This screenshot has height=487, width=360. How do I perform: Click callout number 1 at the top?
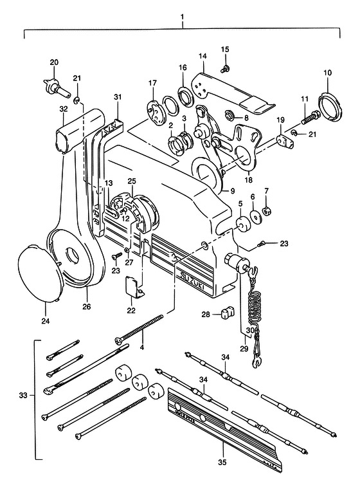click(x=182, y=15)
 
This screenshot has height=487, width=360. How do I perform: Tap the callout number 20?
click(x=54, y=62)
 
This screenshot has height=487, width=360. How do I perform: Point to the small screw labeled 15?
click(x=225, y=69)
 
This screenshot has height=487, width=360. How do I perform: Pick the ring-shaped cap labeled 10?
click(x=330, y=105)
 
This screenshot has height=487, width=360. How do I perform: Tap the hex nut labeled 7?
click(x=266, y=211)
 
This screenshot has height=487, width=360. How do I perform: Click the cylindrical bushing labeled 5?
click(x=242, y=224)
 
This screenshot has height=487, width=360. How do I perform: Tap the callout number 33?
click(x=23, y=396)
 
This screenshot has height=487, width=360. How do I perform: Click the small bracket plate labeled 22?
click(x=135, y=287)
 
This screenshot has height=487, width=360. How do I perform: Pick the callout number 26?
click(x=87, y=307)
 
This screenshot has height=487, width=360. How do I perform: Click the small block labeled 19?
click(x=285, y=140)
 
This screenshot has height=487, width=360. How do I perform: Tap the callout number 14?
click(x=203, y=56)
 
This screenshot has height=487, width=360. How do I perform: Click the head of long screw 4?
click(x=119, y=341)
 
